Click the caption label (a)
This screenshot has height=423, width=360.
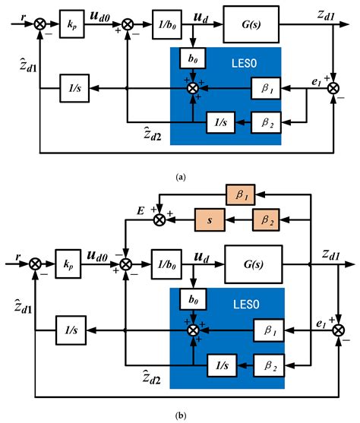(179, 176)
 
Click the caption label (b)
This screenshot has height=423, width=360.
(179, 415)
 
